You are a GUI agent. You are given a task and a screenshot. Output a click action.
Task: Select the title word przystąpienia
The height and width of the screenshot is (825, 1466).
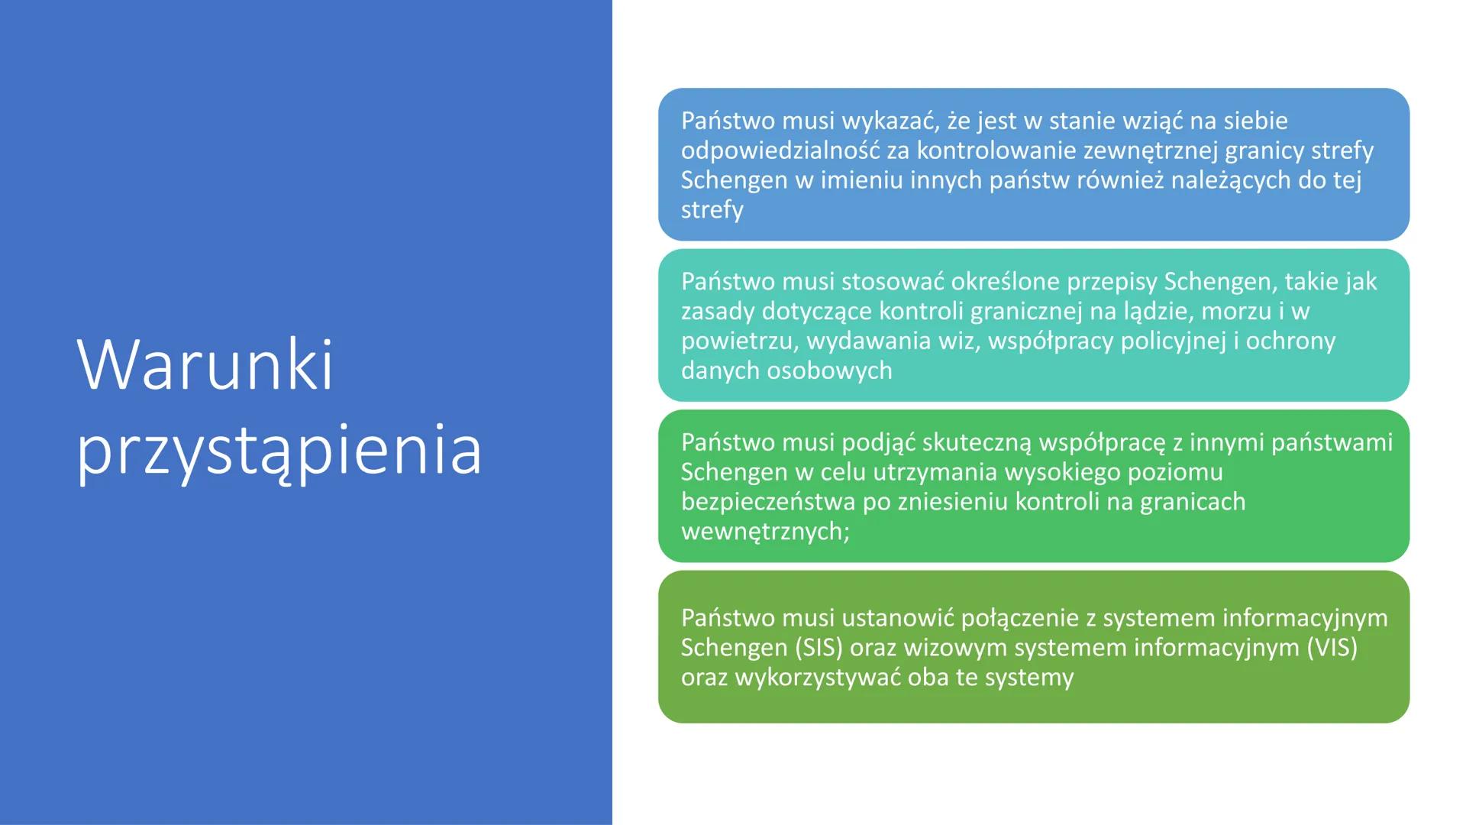(x=279, y=451)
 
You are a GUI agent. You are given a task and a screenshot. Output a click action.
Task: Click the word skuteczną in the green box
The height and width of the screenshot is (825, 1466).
(x=977, y=443)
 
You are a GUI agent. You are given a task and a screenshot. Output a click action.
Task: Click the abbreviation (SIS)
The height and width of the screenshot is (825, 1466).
(x=819, y=648)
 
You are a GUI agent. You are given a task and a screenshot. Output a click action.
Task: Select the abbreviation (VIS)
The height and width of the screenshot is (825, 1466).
(x=1332, y=648)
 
